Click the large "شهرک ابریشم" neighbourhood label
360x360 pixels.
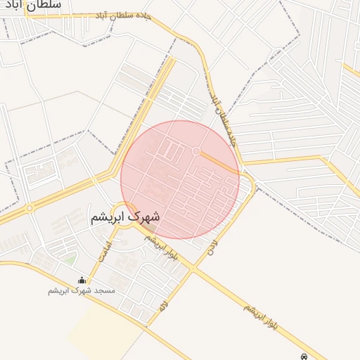tap(125, 216)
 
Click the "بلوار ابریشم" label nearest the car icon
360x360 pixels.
tap(267, 317)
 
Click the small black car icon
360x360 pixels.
tap(303, 356)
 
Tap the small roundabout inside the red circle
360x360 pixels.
tap(196, 151)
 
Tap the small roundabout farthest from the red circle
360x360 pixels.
tap(30, 208)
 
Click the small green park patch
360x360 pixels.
tap(70, 259)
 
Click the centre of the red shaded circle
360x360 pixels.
tap(180, 179)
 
